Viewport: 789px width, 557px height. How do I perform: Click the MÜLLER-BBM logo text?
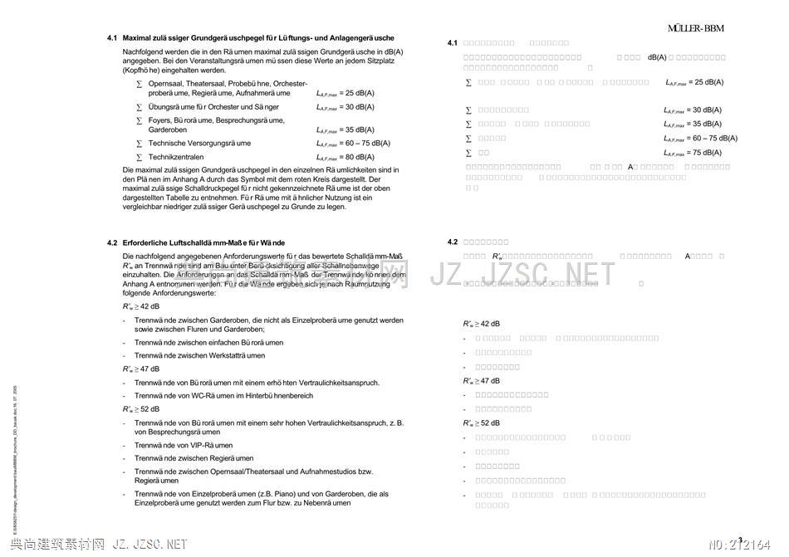695,28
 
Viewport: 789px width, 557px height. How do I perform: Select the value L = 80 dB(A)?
345,157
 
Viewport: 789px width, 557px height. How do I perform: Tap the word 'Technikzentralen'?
176,157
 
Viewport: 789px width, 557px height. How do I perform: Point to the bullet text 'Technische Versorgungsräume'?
199,144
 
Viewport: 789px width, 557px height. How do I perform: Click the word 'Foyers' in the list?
160,120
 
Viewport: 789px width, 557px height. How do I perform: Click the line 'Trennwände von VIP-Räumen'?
184,445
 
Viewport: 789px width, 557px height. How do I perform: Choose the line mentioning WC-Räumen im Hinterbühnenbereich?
223,396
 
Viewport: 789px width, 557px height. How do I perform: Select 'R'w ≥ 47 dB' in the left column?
140,369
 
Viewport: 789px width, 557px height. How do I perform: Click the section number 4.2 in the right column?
453,242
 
